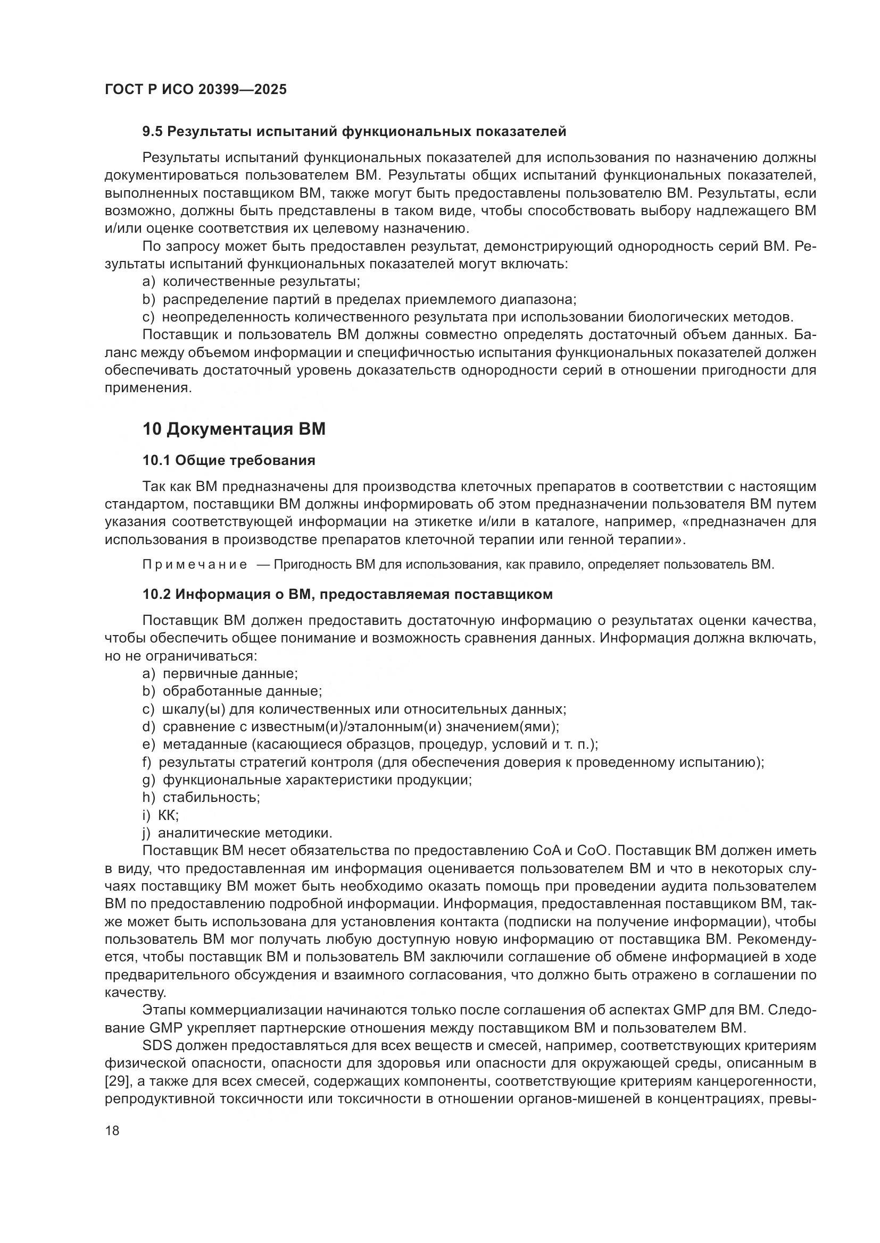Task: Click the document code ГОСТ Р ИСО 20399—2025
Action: click(196, 89)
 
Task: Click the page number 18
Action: click(112, 1130)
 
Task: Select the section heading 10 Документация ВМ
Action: click(234, 429)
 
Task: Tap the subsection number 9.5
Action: click(152, 132)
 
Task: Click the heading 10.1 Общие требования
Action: click(229, 461)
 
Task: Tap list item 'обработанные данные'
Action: click(242, 692)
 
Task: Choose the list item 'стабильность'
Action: click(211, 798)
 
